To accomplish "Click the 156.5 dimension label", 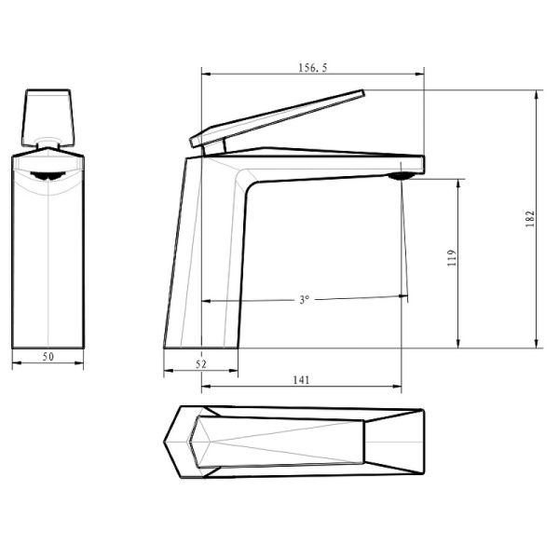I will pyautogui.click(x=314, y=67).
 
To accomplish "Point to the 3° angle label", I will pyautogui.click(x=304, y=300).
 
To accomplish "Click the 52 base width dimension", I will pyautogui.click(x=201, y=363).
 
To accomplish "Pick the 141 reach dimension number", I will pyautogui.click(x=301, y=379).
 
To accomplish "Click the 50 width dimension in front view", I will pyautogui.click(x=48, y=357).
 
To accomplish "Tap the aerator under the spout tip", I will pyautogui.click(x=402, y=174).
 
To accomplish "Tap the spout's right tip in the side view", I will pyautogui.click(x=422, y=164).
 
